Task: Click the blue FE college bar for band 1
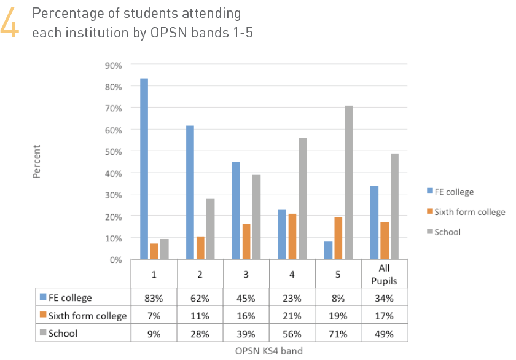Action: pyautogui.click(x=144, y=169)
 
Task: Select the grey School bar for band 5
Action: pyautogui.click(x=349, y=182)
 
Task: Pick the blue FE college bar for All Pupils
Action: pyautogui.click(x=374, y=222)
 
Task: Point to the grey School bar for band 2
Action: pyautogui.click(x=210, y=229)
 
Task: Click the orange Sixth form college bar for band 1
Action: pyautogui.click(x=154, y=251)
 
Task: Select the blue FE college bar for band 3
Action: pyautogui.click(x=236, y=211)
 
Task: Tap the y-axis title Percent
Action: pyautogui.click(x=36, y=162)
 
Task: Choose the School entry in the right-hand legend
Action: pyautogui.click(x=447, y=232)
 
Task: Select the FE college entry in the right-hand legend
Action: pyautogui.click(x=453, y=192)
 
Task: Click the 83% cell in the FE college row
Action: pyautogui.click(x=154, y=299)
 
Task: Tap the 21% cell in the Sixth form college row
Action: pyautogui.click(x=292, y=316)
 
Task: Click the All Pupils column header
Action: pyautogui.click(x=385, y=273)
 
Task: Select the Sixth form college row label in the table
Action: pyautogui.click(x=86, y=316)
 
